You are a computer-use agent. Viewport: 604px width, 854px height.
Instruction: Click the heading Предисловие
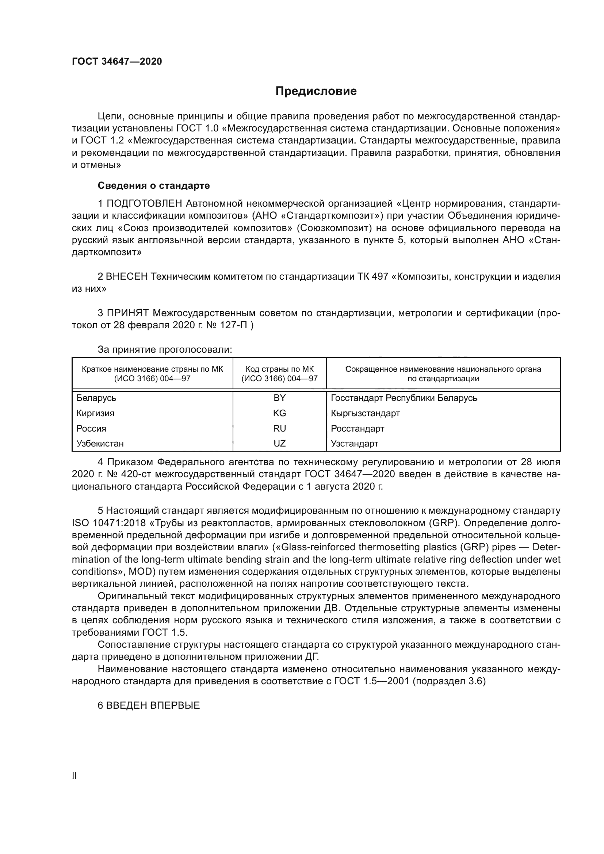pyautogui.click(x=316, y=91)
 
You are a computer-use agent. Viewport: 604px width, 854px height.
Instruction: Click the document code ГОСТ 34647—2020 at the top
pyautogui.click(x=117, y=61)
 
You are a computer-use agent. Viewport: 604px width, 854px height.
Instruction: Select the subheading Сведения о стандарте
pyautogui.click(x=154, y=185)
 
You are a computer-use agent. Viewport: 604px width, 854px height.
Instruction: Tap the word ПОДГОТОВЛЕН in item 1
pyautogui.click(x=144, y=203)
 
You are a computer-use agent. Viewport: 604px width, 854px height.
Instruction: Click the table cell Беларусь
pyautogui.click(x=96, y=398)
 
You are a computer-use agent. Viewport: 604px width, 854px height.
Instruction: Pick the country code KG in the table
pyautogui.click(x=279, y=413)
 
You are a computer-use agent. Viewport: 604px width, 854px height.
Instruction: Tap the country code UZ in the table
pyautogui.click(x=279, y=443)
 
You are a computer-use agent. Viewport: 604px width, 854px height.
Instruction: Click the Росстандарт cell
pyautogui.click(x=358, y=429)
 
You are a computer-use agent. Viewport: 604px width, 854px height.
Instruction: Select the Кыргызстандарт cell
pyautogui.click(x=365, y=413)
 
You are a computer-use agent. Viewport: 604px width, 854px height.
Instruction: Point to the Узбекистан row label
pyautogui.click(x=100, y=443)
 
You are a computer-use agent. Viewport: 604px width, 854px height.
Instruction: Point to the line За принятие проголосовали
pyautogui.click(x=165, y=349)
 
